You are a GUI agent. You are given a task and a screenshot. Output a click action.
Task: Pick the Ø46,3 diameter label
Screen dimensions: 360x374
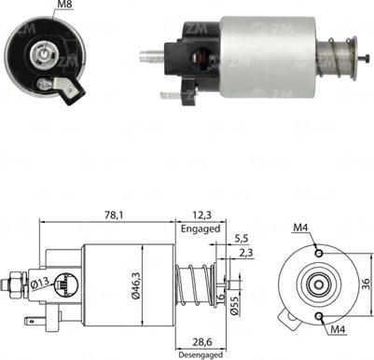pyautogui.click(x=136, y=279)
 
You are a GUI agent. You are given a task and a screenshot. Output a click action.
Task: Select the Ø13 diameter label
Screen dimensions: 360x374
pyautogui.click(x=37, y=280)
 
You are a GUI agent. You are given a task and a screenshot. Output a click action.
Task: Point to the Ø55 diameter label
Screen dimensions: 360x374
pyautogui.click(x=235, y=304)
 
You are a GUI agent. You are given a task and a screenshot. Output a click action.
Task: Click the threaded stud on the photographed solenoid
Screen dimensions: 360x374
pyautogui.click(x=148, y=63)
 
